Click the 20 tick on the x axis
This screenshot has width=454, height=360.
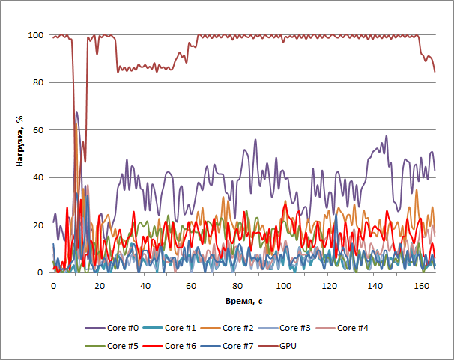click(x=99, y=287)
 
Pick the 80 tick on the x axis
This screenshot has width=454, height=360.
click(x=237, y=287)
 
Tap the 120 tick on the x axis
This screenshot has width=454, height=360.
click(x=329, y=287)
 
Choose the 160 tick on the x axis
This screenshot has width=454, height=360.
click(x=421, y=287)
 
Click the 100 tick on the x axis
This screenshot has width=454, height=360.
click(x=283, y=287)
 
